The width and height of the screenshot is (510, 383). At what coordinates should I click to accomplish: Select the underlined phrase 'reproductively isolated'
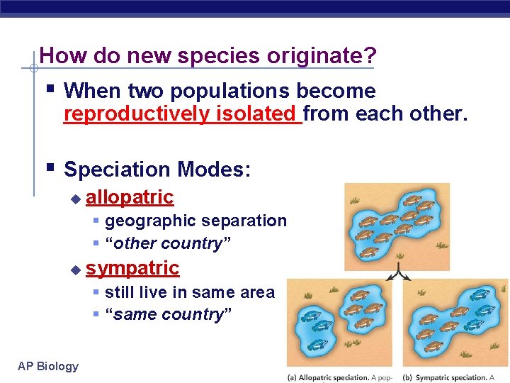(x=182, y=114)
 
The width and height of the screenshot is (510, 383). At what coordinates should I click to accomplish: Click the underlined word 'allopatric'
(x=130, y=196)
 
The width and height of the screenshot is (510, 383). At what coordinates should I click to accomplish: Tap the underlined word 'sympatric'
(x=132, y=268)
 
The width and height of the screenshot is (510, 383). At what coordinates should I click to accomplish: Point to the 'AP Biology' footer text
(x=48, y=366)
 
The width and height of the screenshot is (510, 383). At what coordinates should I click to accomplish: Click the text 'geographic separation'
(x=195, y=221)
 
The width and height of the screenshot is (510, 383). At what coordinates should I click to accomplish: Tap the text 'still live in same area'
(x=189, y=292)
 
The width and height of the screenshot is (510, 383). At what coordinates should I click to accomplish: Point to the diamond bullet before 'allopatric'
(x=76, y=198)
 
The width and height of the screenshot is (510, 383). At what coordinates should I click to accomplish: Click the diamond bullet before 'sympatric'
(x=76, y=270)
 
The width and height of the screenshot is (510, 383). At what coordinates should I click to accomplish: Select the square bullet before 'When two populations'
(x=52, y=89)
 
